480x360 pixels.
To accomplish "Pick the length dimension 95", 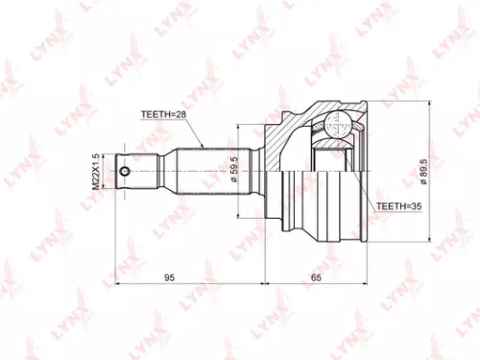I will (x=169, y=278).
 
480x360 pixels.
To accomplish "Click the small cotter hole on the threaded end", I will (x=126, y=173).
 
